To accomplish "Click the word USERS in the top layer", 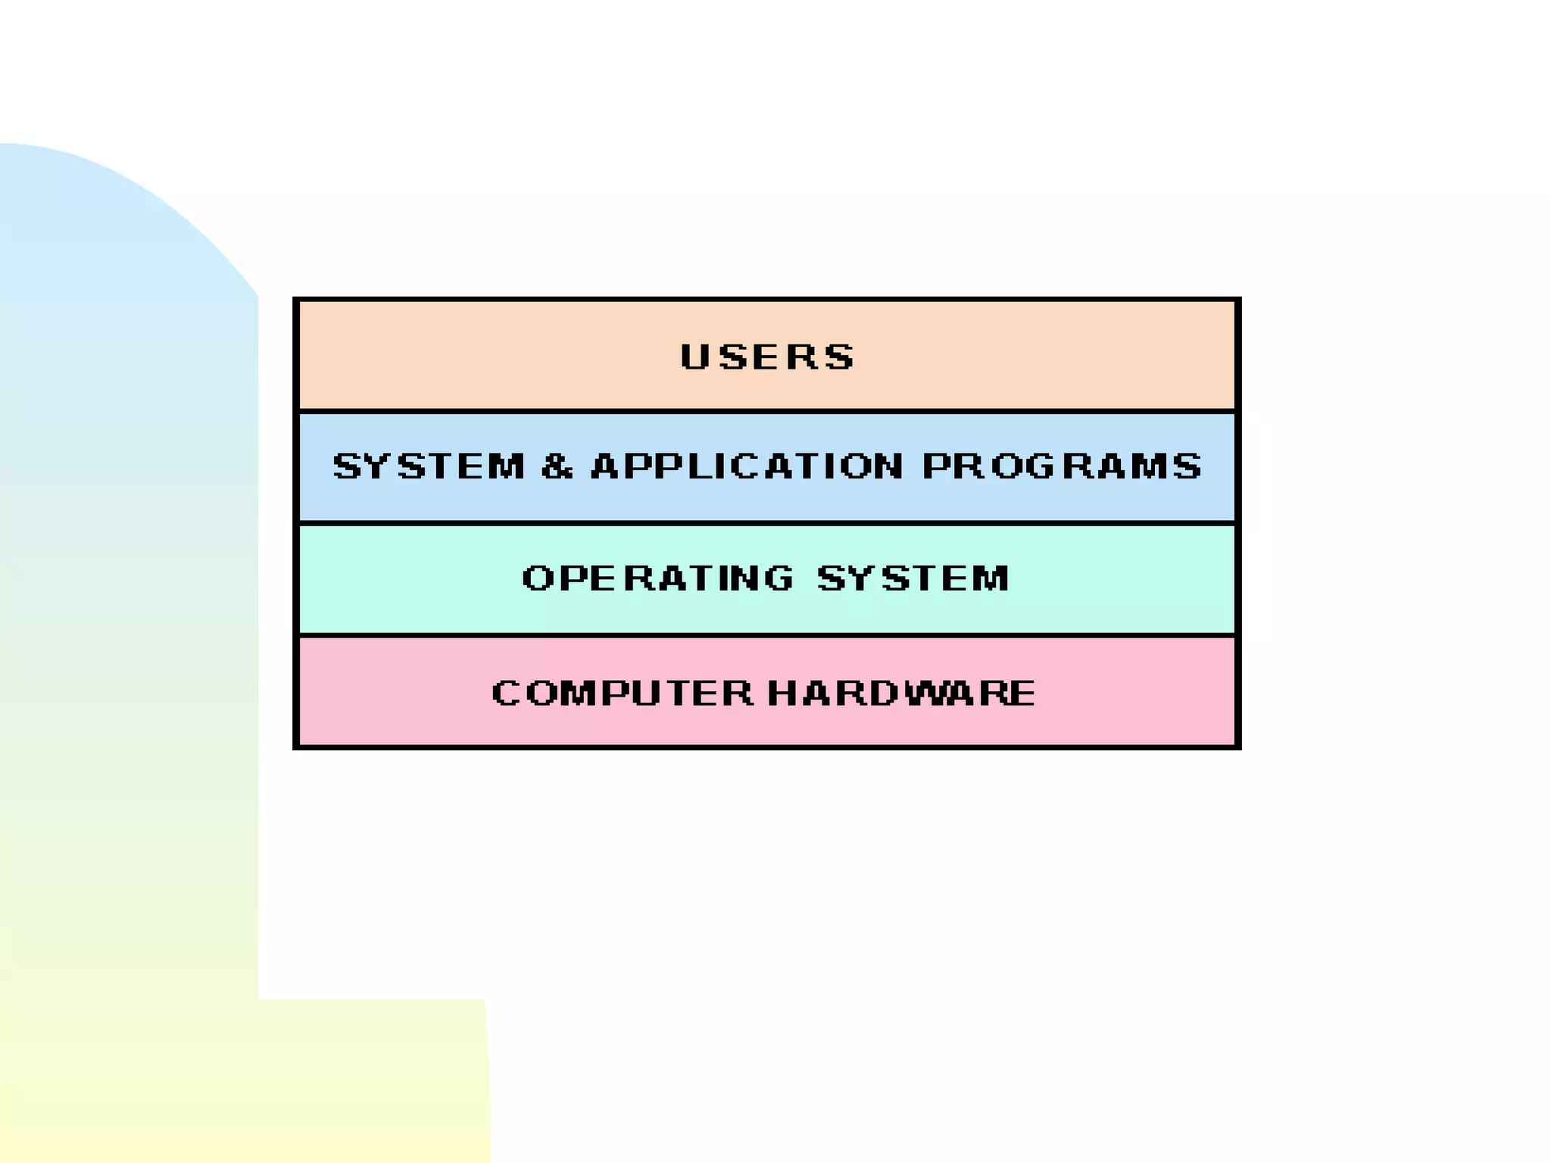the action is click(767, 357).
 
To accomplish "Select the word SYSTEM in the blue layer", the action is click(429, 466).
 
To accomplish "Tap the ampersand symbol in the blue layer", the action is click(557, 466).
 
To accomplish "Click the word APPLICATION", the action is click(747, 466).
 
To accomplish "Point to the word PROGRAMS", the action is click(1062, 466).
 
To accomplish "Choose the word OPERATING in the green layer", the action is click(657, 578).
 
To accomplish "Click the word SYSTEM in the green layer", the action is click(913, 578).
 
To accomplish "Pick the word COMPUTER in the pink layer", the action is click(622, 693).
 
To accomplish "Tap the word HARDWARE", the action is click(901, 693).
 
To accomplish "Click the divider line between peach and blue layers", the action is click(767, 411).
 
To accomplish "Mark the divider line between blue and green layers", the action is click(767, 523).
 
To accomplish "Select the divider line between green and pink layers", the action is click(767, 635).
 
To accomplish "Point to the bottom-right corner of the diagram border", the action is click(1237, 747).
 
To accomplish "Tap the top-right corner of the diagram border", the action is click(1237, 301).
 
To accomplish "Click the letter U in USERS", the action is click(694, 357).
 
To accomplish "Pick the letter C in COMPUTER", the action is click(507, 693).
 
